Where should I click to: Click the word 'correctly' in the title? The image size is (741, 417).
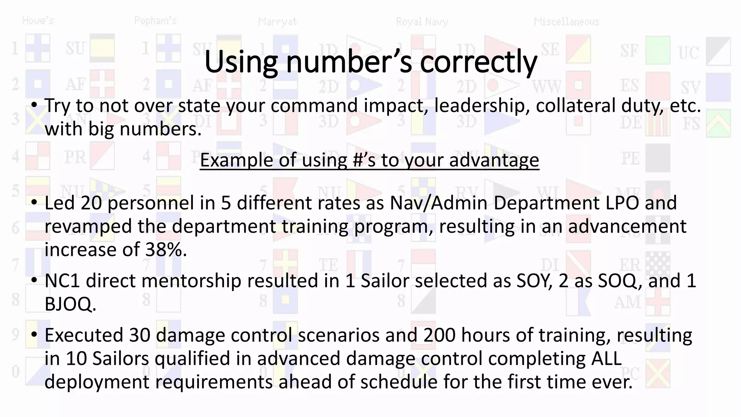(478, 62)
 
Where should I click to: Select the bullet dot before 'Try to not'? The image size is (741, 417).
(34, 105)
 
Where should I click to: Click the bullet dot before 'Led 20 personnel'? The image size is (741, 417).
(34, 202)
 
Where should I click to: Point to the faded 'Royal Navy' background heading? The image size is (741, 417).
(422, 22)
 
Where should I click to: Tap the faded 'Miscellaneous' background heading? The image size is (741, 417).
(567, 22)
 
